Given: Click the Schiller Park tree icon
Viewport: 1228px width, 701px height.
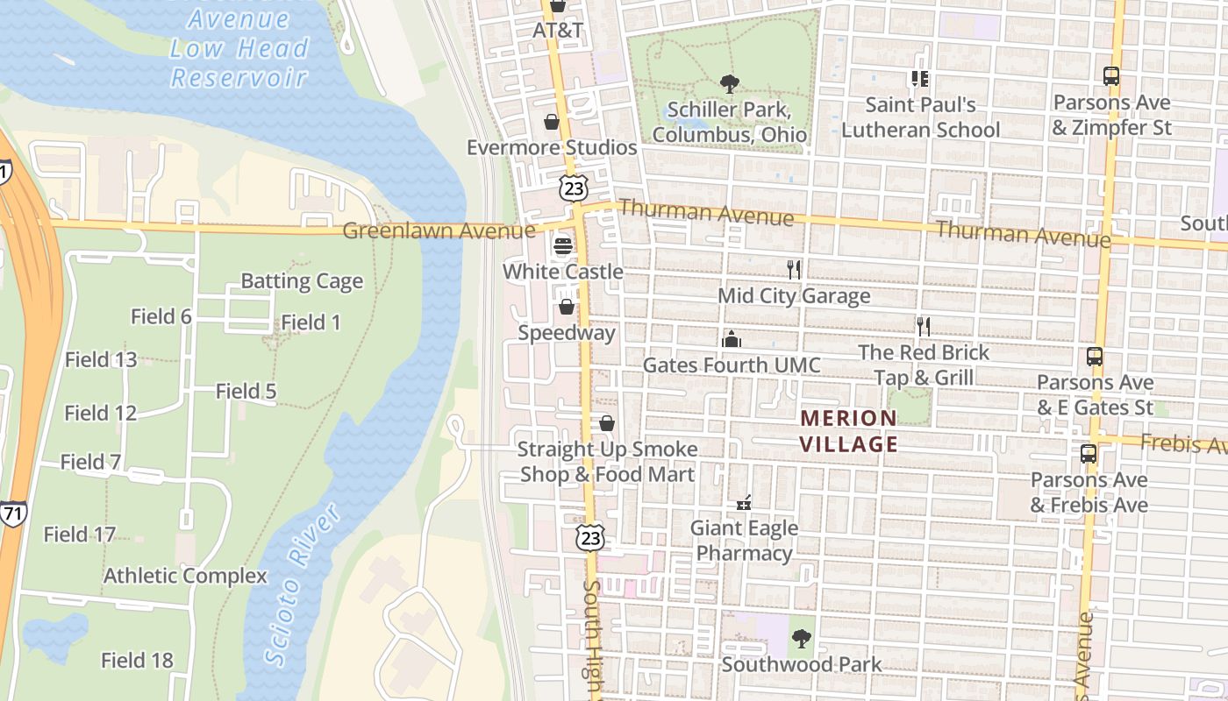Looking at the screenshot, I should [729, 84].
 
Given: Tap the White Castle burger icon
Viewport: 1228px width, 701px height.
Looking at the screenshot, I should [563, 246].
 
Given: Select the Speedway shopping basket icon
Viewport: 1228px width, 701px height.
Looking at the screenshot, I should [567, 308].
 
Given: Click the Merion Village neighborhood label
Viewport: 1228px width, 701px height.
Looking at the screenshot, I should [848, 431].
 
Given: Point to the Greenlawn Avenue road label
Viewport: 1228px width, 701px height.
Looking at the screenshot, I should [438, 230].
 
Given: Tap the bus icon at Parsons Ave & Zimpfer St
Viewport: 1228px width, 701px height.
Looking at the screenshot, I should [1111, 76].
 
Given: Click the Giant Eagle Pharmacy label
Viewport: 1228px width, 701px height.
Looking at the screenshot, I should [744, 541].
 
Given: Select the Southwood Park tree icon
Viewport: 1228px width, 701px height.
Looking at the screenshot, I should [801, 639].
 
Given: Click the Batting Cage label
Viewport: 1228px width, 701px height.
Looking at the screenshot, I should [302, 281].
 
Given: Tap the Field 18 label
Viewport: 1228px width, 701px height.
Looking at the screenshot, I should [137, 660].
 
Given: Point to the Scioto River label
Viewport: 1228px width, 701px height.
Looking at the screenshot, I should [302, 584].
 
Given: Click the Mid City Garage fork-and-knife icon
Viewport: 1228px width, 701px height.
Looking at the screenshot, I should [794, 270].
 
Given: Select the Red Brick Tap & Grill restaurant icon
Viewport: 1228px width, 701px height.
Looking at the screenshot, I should [923, 327].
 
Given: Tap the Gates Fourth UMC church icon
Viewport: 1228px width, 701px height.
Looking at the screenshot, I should [732, 339].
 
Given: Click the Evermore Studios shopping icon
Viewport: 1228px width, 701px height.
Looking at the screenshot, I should [552, 122].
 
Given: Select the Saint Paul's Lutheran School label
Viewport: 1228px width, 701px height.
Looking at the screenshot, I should [920, 117].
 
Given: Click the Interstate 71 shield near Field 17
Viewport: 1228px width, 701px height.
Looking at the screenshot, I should [12, 514].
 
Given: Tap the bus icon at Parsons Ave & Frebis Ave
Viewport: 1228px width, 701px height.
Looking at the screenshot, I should [1089, 454].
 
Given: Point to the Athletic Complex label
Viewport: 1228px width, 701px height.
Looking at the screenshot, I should [185, 576].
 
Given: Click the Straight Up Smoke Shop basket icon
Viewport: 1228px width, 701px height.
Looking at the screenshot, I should [606, 424].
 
